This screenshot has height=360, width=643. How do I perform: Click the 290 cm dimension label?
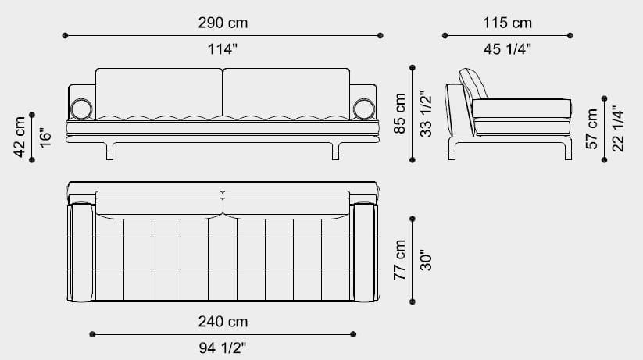[223, 23]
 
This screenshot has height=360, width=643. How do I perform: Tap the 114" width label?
[223, 49]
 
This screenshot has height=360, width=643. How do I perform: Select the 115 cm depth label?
[507, 23]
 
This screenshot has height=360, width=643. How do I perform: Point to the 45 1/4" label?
[507, 49]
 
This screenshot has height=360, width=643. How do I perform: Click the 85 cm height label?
[400, 114]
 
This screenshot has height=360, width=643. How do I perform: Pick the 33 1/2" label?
[426, 114]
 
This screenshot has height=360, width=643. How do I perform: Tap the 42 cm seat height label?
[20, 136]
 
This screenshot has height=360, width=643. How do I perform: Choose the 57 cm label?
[591, 129]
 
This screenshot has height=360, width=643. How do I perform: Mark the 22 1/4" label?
[617, 129]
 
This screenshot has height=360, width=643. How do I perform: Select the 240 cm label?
[223, 321]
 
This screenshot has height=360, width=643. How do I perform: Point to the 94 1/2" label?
[223, 347]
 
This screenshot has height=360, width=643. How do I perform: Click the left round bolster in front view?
[80, 109]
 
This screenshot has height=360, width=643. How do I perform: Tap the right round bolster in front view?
[363, 109]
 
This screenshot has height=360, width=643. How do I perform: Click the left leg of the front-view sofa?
[110, 150]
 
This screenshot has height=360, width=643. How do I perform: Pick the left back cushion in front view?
[159, 92]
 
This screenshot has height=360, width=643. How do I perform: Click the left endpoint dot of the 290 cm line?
[66, 35]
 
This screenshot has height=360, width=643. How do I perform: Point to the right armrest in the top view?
[365, 252]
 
